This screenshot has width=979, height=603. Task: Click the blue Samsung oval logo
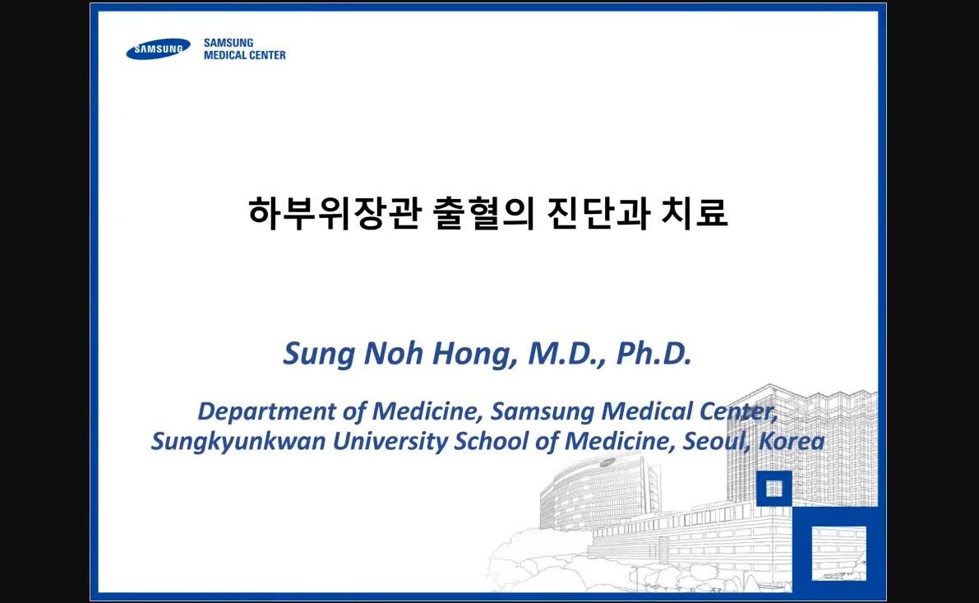[x=158, y=49]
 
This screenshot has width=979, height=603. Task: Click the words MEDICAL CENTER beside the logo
[x=245, y=56]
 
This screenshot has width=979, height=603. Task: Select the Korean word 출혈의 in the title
[x=484, y=212]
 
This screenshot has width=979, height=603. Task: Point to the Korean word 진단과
[x=598, y=212]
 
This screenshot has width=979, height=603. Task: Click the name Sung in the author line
[x=318, y=355]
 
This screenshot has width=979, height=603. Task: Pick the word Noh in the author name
[x=394, y=354]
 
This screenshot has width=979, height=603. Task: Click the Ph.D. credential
[x=654, y=354]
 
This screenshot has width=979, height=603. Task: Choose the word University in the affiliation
[x=390, y=442]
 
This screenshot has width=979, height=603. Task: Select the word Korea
[x=792, y=441]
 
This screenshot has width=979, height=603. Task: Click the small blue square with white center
[x=774, y=489]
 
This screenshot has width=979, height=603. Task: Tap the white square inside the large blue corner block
[x=838, y=554]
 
